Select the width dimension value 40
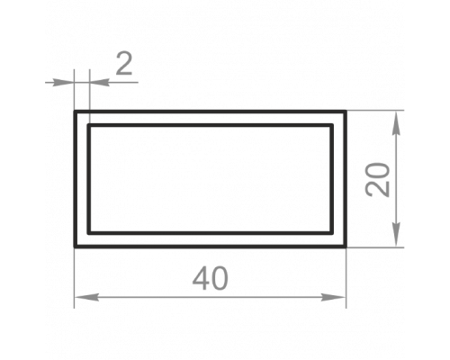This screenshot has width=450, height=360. click(x=211, y=279)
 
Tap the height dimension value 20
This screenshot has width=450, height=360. click(x=377, y=180)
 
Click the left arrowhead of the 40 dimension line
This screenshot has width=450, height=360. click(x=86, y=297)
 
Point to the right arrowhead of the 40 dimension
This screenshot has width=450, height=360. click(x=334, y=297)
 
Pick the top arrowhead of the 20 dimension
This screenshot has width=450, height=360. click(x=397, y=123)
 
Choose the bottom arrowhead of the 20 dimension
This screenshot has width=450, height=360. click(x=397, y=235)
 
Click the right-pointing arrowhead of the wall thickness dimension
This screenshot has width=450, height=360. click(x=64, y=82)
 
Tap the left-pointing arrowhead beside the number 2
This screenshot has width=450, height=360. click(x=100, y=82)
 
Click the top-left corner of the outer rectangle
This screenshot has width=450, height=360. click(x=75, y=112)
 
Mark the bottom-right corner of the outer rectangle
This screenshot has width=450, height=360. click(x=346, y=247)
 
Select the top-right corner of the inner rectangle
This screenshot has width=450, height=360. click(x=332, y=125)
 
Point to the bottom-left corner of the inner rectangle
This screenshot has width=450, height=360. click(x=89, y=233)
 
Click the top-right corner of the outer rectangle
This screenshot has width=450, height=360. click(x=346, y=112)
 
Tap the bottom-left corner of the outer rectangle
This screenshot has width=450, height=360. click(x=75, y=247)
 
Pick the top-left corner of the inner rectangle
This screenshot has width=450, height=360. click(x=89, y=125)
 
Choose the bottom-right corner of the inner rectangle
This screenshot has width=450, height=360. click(x=332, y=233)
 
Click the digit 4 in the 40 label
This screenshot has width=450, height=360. click(x=202, y=279)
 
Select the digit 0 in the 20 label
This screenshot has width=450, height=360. click(x=377, y=172)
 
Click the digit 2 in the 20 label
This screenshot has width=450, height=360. click(x=377, y=189)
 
